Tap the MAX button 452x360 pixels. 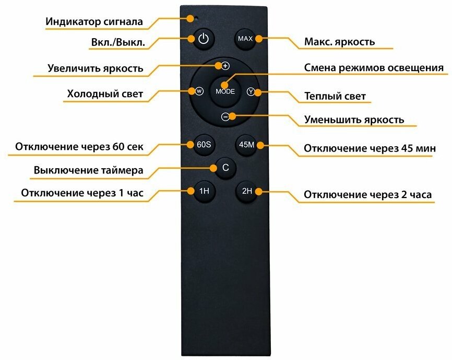coord(245,39)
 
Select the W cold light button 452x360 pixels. coord(199,91)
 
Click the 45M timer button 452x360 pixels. coord(246,145)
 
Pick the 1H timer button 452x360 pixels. coord(204,191)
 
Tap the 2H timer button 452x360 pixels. coord(247,191)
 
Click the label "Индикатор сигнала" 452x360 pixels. coord(94,22)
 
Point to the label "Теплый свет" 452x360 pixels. coord(335,97)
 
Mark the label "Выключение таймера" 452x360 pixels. coord(88,170)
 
